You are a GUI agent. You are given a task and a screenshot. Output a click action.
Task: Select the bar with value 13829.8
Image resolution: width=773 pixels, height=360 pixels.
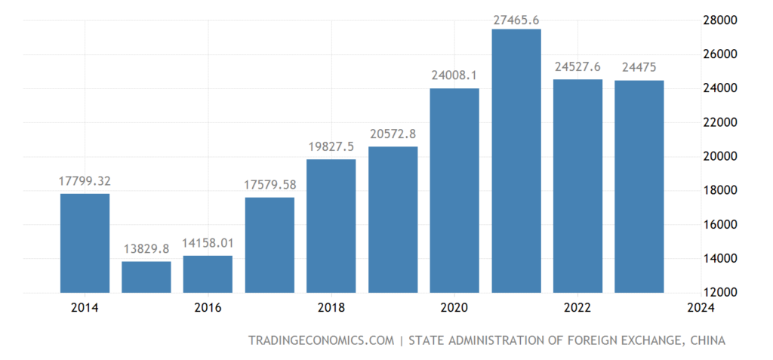(146, 277)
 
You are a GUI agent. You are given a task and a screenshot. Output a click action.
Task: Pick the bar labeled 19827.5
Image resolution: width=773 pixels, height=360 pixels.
(331, 226)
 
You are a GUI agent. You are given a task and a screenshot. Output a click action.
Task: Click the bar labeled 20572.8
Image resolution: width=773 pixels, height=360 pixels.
(393, 220)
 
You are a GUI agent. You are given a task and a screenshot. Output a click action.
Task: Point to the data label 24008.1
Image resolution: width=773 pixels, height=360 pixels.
(454, 75)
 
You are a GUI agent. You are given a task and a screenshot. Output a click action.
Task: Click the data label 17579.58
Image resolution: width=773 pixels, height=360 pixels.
(269, 184)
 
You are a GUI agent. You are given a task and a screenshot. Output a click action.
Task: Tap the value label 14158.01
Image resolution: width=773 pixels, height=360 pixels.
(208, 243)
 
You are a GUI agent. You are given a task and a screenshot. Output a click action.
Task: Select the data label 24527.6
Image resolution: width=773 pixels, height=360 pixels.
(578, 66)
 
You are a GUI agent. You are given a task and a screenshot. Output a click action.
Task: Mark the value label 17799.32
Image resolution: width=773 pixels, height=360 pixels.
(85, 181)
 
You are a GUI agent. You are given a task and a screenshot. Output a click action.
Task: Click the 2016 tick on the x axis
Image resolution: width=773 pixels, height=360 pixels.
(208, 308)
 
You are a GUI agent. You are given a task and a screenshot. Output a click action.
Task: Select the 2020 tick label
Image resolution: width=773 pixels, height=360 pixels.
(454, 308)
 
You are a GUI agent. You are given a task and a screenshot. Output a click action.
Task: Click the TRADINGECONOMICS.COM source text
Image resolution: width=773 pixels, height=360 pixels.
(321, 341)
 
